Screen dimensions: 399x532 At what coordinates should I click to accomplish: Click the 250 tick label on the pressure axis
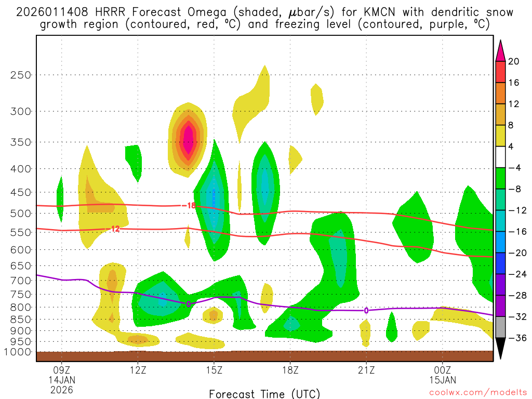(21, 75)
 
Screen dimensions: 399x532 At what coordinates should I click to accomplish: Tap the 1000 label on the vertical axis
(18, 352)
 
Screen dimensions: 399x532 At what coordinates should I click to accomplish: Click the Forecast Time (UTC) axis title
(264, 393)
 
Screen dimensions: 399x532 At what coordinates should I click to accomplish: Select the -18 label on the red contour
(190, 206)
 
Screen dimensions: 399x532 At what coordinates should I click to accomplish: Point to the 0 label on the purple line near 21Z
(366, 310)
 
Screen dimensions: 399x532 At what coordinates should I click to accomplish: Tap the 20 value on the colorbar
(514, 61)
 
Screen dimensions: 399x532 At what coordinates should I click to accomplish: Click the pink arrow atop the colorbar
(500, 51)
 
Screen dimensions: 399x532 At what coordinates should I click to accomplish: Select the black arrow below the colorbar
(500, 349)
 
